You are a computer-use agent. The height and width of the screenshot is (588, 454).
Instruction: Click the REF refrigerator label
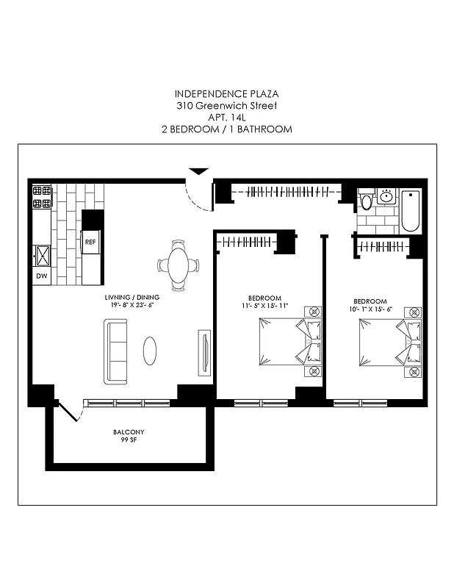pyautogui.click(x=91, y=241)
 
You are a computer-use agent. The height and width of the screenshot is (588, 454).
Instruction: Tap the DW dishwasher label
pyautogui.click(x=41, y=276)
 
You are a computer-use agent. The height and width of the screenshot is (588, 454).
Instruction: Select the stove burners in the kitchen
pyautogui.click(x=42, y=198)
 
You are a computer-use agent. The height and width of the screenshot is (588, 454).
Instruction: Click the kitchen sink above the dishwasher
pyautogui.click(x=42, y=255)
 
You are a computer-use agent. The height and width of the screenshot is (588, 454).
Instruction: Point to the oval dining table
pyautogui.click(x=179, y=265)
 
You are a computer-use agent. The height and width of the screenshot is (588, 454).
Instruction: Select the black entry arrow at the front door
pyautogui.click(x=198, y=172)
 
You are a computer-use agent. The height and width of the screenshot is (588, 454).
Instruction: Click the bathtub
pyautogui.click(x=411, y=210)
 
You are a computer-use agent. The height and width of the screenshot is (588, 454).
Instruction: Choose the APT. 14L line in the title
pyautogui.click(x=226, y=118)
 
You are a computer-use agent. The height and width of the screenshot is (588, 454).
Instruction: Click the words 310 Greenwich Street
pyautogui.click(x=226, y=106)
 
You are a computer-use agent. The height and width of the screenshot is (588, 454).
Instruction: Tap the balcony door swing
pyautogui.click(x=68, y=410)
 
